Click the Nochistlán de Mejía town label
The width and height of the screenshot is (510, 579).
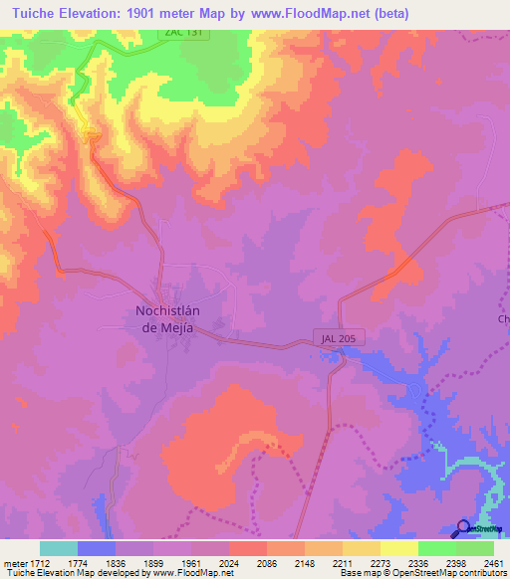pyautogui.click(x=170, y=318)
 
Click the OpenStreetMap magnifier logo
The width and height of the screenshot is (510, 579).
pyautogui.click(x=462, y=528)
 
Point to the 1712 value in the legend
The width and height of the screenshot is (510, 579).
pyautogui.click(x=38, y=562)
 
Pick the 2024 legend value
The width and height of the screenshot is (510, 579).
pyautogui.click(x=228, y=562)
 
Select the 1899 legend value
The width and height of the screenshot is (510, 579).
pyautogui.click(x=153, y=562)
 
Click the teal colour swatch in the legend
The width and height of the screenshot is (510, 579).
pyautogui.click(x=59, y=548)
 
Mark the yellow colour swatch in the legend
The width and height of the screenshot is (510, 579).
pyautogui.click(x=399, y=548)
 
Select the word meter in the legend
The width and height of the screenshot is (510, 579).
pyautogui.click(x=15, y=562)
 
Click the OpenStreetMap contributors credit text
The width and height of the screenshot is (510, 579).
pyautogui.click(x=451, y=573)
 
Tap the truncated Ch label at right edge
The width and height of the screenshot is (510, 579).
pyautogui.click(x=503, y=319)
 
